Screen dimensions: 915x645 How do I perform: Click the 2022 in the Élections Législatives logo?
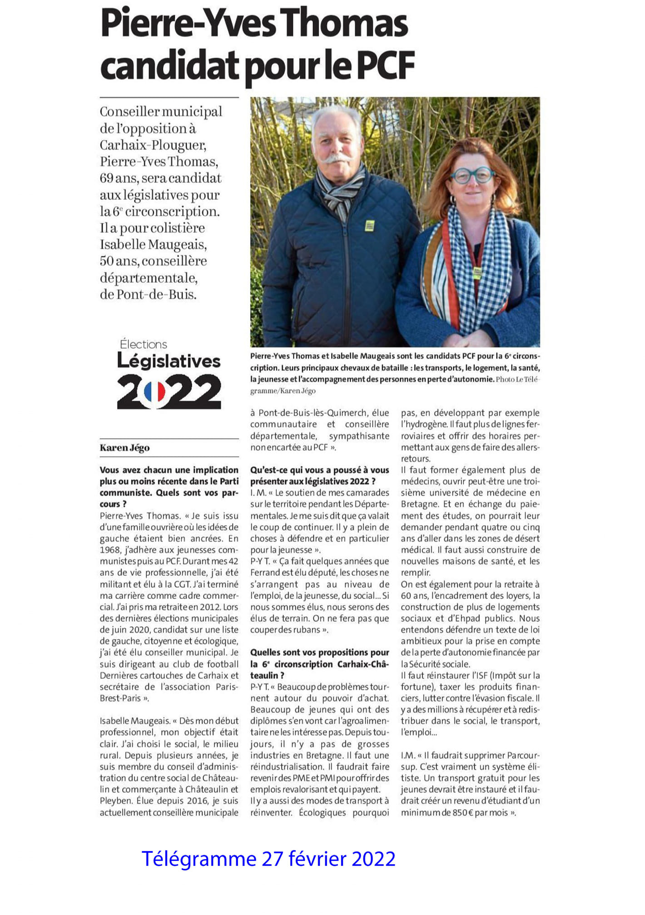[x=169, y=391]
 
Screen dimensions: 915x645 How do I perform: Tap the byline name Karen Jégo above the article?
[x=124, y=448]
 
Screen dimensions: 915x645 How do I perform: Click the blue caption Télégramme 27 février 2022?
[x=268, y=859]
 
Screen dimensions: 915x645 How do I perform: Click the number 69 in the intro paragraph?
[x=107, y=178]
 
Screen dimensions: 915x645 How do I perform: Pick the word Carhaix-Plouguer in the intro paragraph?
[x=153, y=145]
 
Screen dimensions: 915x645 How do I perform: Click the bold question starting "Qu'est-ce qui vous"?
[x=319, y=475]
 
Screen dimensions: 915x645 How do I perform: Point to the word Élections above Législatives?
[x=144, y=344]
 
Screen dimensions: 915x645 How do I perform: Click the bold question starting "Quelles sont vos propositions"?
[x=319, y=663]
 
